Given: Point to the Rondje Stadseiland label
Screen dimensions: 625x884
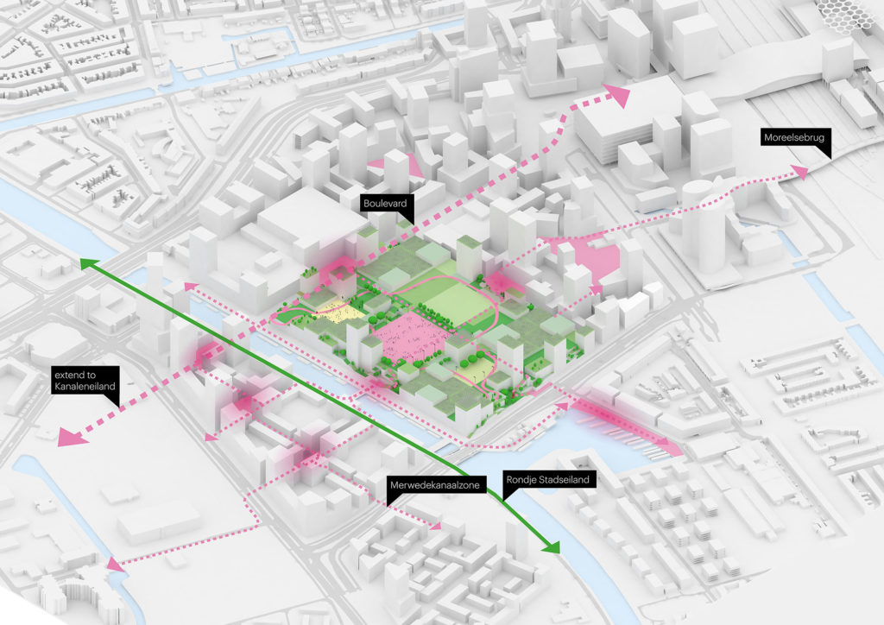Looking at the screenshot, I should coord(539,483).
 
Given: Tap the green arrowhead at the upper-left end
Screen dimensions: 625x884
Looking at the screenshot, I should coord(86,261).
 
